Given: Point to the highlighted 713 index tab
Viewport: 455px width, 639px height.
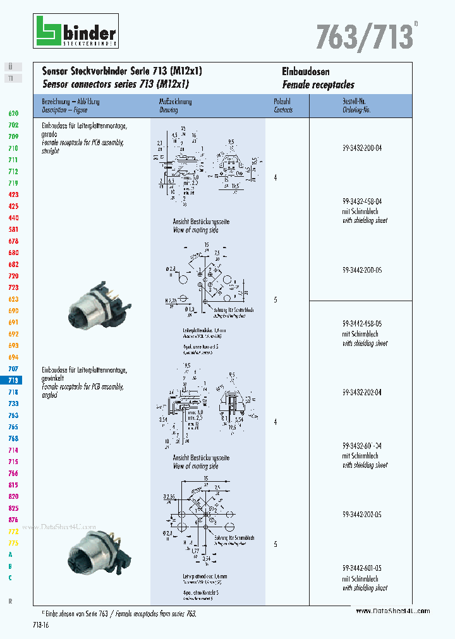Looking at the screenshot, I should (13, 380).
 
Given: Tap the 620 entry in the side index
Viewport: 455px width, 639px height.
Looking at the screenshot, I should (13, 113).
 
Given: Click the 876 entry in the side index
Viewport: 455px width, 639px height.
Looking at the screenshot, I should (13, 520).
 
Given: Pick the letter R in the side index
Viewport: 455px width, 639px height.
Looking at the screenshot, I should (10, 601).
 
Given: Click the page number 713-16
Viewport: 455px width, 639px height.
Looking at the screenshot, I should (40, 624).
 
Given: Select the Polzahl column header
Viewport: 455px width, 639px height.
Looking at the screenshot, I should (282, 102).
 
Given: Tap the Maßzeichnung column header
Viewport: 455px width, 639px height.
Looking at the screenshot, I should (176, 102).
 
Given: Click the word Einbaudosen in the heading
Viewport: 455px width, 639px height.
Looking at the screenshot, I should (306, 72).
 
